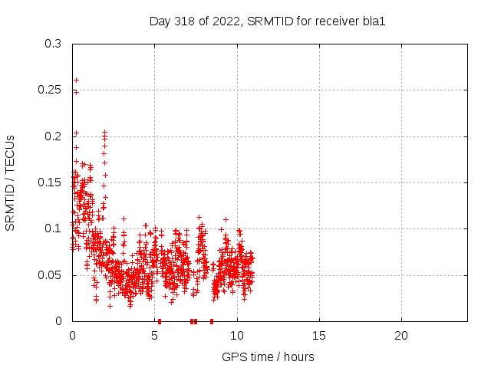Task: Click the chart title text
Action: click(267, 21)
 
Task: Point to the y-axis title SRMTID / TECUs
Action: click(11, 182)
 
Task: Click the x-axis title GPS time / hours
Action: click(268, 356)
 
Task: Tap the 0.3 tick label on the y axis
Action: click(53, 44)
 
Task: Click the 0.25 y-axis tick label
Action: click(50, 90)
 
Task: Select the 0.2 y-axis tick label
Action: click(53, 136)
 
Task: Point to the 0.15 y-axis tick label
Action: click(50, 182)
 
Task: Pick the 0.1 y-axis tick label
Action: click(53, 228)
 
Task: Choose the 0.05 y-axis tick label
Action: click(50, 274)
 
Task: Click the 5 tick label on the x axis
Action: click(155, 336)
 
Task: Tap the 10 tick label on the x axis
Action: click(237, 336)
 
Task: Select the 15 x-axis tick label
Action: click(319, 336)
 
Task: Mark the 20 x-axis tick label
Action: click(401, 336)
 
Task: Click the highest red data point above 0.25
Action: click(76, 80)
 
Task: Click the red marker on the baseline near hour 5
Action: click(159, 321)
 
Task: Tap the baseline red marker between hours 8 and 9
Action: click(211, 321)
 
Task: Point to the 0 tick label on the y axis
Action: click(59, 320)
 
